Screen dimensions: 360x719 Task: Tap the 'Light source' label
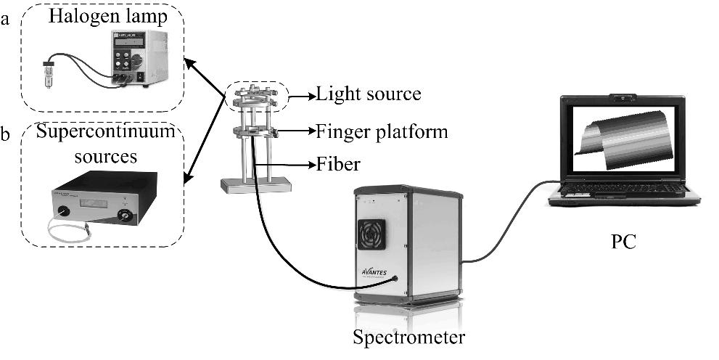click(369, 94)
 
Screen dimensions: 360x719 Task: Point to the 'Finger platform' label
click(382, 132)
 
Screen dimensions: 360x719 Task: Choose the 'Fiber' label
click(337, 165)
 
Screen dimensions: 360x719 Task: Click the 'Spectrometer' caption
click(408, 337)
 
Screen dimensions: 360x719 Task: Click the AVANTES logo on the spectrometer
click(376, 274)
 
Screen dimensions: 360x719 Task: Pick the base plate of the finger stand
click(256, 186)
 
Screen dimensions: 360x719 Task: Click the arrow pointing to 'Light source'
click(300, 94)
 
